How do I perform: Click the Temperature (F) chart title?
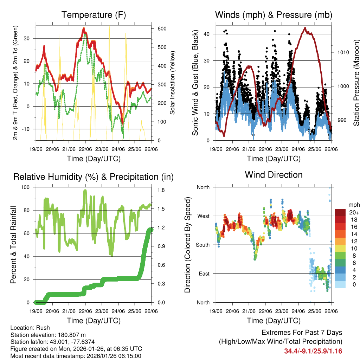pyautogui.click(x=94, y=15)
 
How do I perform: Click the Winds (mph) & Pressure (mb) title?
pyautogui.click(x=274, y=15)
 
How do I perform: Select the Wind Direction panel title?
pyautogui.click(x=274, y=175)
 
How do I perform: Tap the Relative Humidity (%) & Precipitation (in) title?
pyautogui.click(x=94, y=177)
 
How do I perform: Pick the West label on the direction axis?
pyautogui.click(x=203, y=216)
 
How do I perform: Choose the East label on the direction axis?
pyautogui.click(x=204, y=274)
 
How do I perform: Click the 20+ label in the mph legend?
pyautogui.click(x=354, y=212)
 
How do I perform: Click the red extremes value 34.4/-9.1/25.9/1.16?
pyautogui.click(x=313, y=351)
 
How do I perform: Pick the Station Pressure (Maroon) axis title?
pyautogui.click(x=356, y=83)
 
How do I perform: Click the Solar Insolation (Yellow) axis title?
pyautogui.click(x=173, y=83)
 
